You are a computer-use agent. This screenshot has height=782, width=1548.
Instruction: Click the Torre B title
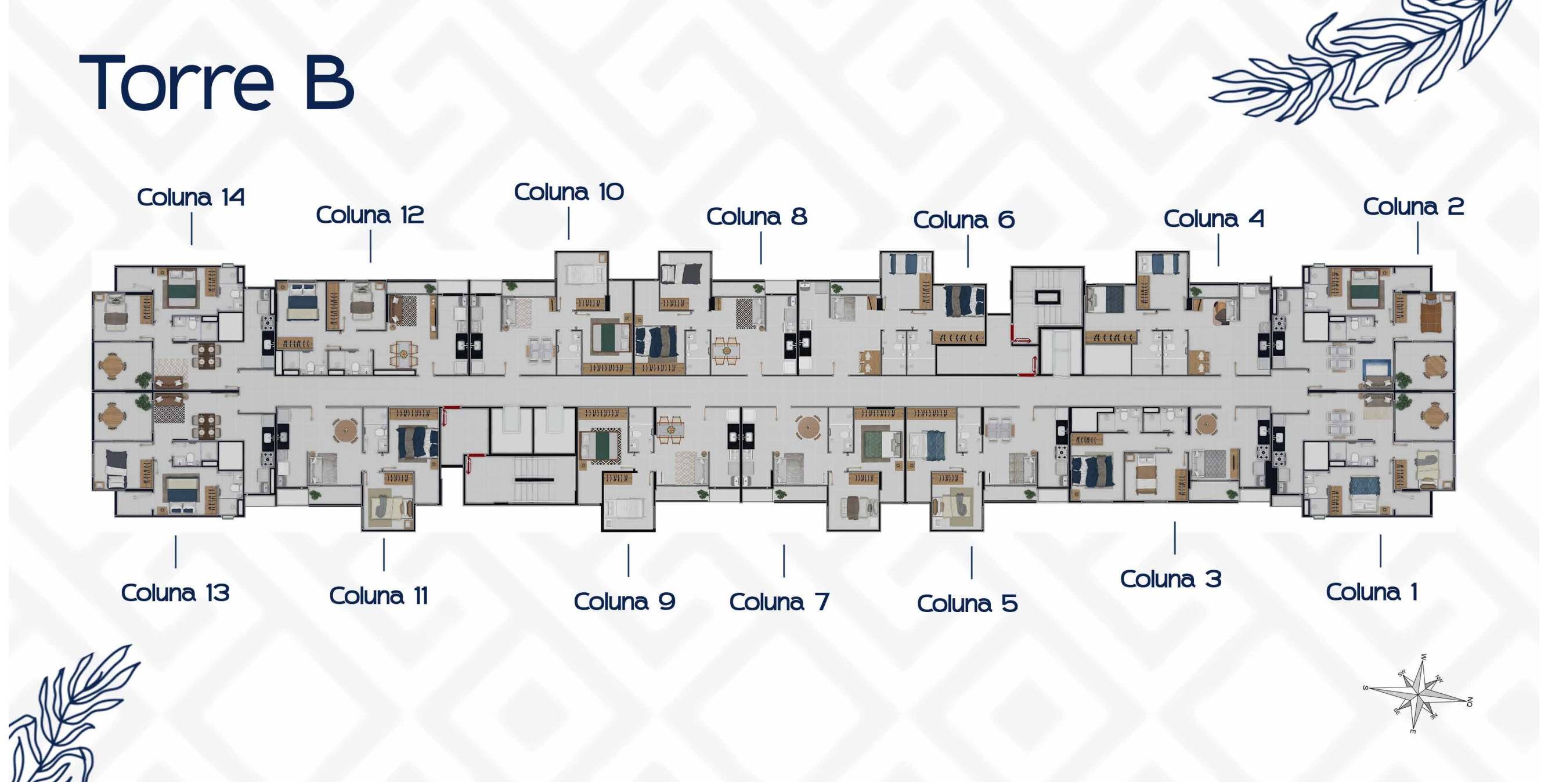pos(217,82)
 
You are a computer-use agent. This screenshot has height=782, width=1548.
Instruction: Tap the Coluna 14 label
pos(191,197)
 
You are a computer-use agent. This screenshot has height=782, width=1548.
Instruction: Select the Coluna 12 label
pos(370,215)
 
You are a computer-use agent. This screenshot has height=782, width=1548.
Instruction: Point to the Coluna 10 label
pos(569,191)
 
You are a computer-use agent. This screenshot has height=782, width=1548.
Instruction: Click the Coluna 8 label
pos(756,216)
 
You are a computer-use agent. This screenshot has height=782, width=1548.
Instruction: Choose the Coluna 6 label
pos(964,220)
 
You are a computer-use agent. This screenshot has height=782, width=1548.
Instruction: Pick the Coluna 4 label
pos(1214,219)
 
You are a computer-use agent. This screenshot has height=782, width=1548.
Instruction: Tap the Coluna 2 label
pos(1413,207)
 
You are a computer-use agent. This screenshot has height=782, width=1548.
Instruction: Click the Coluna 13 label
pos(175,593)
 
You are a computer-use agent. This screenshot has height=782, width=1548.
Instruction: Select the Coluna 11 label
pos(378,596)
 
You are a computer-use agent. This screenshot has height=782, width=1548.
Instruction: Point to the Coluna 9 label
pos(625,601)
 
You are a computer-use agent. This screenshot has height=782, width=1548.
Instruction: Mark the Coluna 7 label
pos(780,602)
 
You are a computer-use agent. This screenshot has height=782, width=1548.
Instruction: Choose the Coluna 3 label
pos(1171,579)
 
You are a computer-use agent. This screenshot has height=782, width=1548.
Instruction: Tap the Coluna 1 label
pos(1372,592)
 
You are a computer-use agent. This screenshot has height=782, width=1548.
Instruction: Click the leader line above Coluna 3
pos(1175,538)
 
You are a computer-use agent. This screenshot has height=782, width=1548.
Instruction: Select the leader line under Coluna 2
pos(1417,238)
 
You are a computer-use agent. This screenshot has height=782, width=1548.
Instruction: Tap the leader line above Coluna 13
pos(175,551)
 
